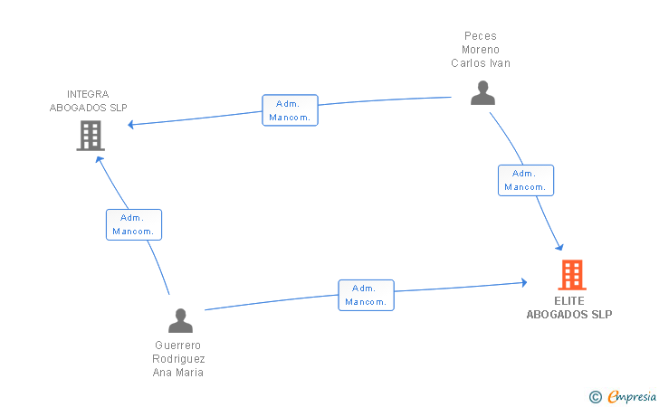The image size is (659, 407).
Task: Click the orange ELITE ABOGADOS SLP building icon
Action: point(572,275)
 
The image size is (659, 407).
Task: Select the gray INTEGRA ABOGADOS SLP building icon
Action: point(91,136)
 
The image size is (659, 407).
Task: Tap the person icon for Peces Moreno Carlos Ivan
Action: point(482,93)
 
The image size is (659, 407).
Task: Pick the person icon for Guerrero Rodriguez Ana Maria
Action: point(180,320)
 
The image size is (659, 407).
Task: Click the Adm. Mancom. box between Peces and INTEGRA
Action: point(290,110)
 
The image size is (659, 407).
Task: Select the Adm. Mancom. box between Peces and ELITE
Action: point(526,180)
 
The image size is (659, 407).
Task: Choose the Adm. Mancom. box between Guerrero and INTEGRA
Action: point(134,224)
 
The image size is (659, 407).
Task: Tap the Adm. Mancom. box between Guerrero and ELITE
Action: point(366,295)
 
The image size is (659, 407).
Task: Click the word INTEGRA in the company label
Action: point(88,94)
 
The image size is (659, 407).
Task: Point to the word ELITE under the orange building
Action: point(569,301)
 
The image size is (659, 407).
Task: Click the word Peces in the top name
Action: point(481,36)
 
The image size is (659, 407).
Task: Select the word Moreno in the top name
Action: point(481,50)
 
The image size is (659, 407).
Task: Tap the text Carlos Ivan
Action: point(481,63)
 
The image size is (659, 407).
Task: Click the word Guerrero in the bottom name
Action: point(177,345)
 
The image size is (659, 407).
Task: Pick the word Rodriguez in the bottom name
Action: point(178,359)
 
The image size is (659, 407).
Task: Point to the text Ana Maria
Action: point(177,372)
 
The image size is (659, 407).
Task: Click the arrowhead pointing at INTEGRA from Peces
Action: point(130,124)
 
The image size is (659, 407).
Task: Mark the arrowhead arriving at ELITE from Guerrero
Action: point(524,282)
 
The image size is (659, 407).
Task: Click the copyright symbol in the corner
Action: point(595,397)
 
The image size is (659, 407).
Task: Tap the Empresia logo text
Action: point(632,396)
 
